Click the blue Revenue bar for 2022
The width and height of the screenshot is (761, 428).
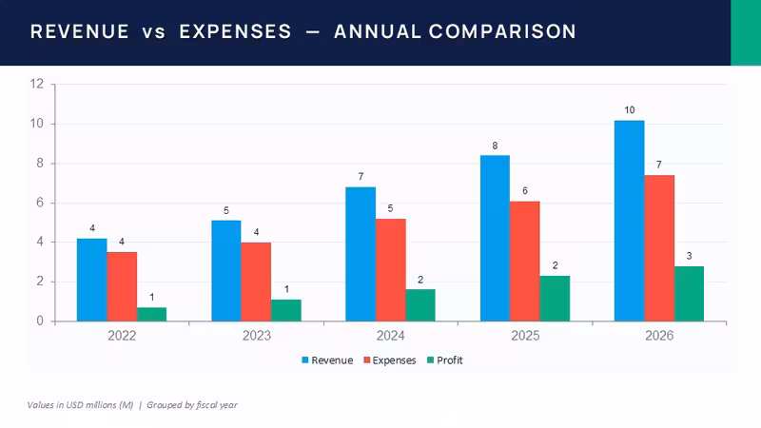point(91,280)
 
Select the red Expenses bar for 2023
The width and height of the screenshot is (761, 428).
point(256,282)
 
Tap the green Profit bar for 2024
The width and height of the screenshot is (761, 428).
point(420,305)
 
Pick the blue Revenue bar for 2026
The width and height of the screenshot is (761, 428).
point(630,221)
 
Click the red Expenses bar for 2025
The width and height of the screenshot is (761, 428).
point(525,261)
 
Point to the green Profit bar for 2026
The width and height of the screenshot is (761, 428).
point(689,294)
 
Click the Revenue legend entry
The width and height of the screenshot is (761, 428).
point(327,360)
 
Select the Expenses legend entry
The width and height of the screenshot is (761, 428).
point(390,360)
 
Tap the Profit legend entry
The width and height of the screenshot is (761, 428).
point(444,360)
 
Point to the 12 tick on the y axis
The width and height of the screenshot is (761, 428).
point(37,84)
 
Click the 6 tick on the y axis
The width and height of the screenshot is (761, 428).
point(40,203)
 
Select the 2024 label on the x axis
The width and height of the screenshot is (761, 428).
point(391,336)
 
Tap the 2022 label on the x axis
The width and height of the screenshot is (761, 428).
point(122,336)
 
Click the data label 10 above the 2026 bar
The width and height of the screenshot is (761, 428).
point(630,110)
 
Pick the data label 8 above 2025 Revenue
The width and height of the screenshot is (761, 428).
point(495,146)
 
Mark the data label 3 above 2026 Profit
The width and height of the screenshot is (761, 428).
point(689,256)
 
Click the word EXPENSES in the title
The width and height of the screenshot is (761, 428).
point(235,31)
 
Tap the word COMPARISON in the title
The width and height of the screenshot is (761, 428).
point(502,31)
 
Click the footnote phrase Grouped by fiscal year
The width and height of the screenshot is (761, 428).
point(192,405)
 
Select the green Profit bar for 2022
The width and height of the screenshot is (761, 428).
point(152,315)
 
